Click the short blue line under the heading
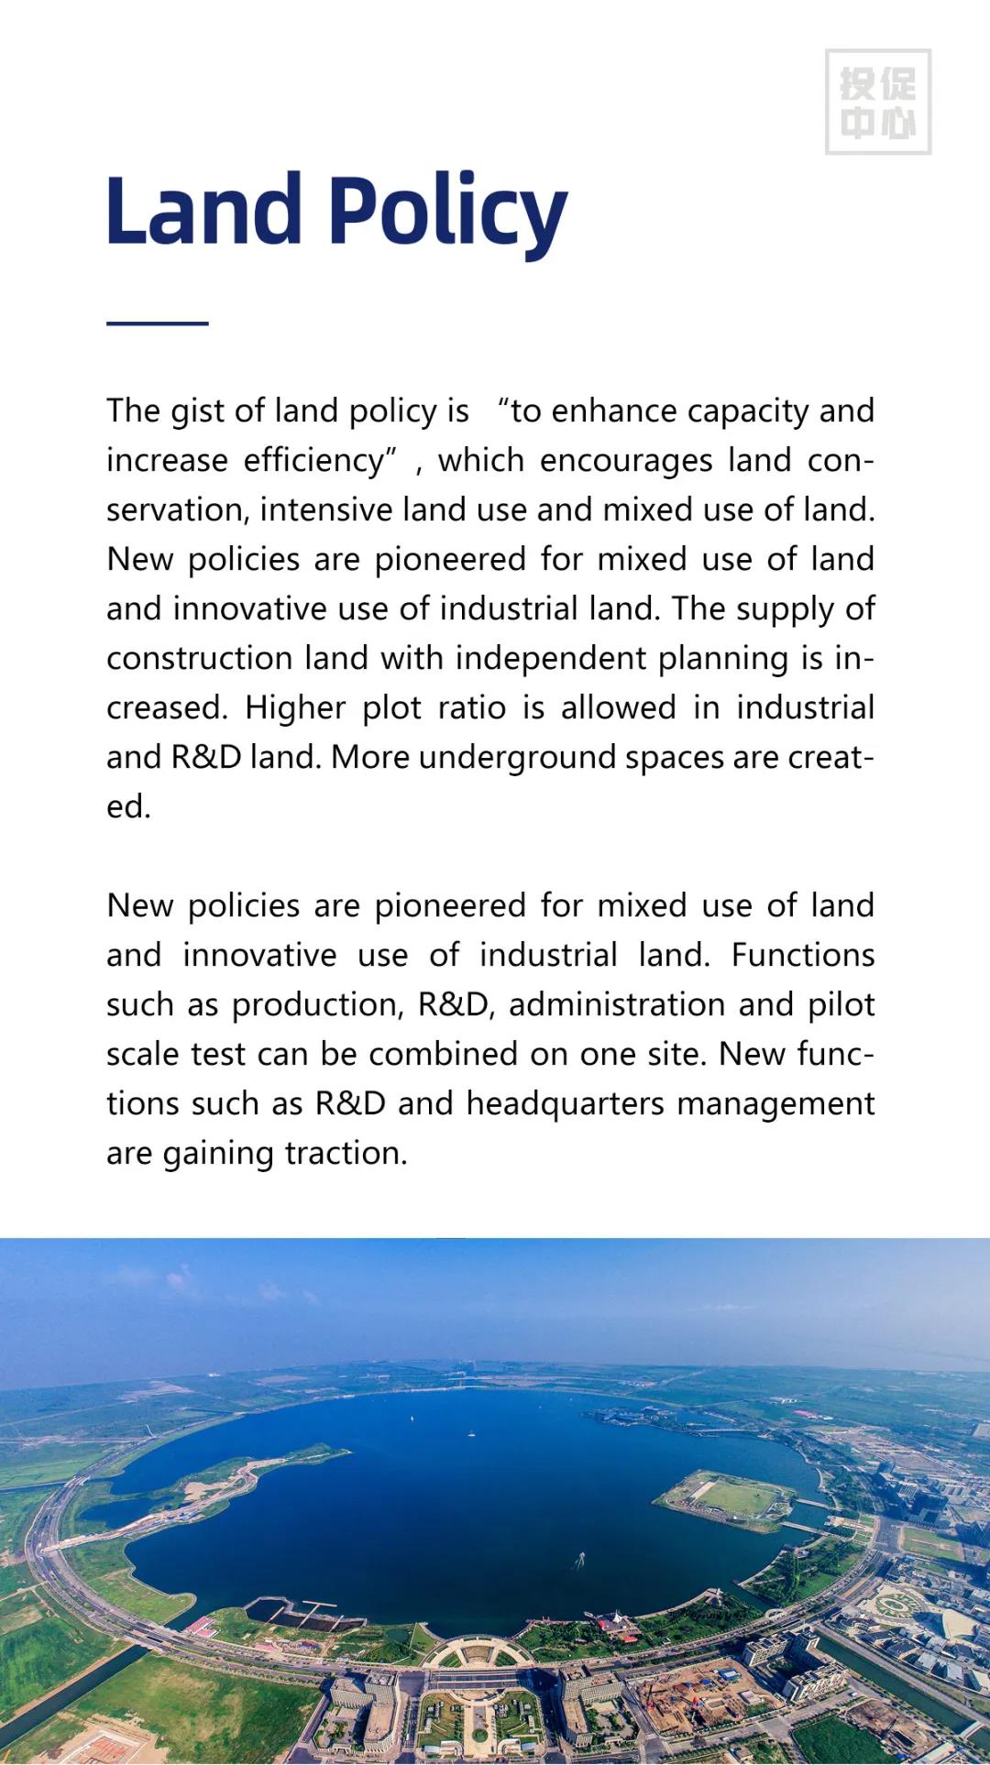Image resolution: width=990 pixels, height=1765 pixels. pyautogui.click(x=157, y=323)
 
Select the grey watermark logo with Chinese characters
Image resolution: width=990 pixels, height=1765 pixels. pyautogui.click(x=877, y=102)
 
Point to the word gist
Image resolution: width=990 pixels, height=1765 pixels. pyautogui.click(x=197, y=411)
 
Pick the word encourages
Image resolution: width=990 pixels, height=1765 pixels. pyautogui.click(x=626, y=460)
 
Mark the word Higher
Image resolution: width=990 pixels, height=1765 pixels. pyautogui.click(x=295, y=708)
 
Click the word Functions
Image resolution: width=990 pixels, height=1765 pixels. pyautogui.click(x=802, y=956)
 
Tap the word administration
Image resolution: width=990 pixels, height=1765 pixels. pyautogui.click(x=618, y=1005)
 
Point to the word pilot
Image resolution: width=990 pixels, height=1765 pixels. pyautogui.click(x=841, y=1005)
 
